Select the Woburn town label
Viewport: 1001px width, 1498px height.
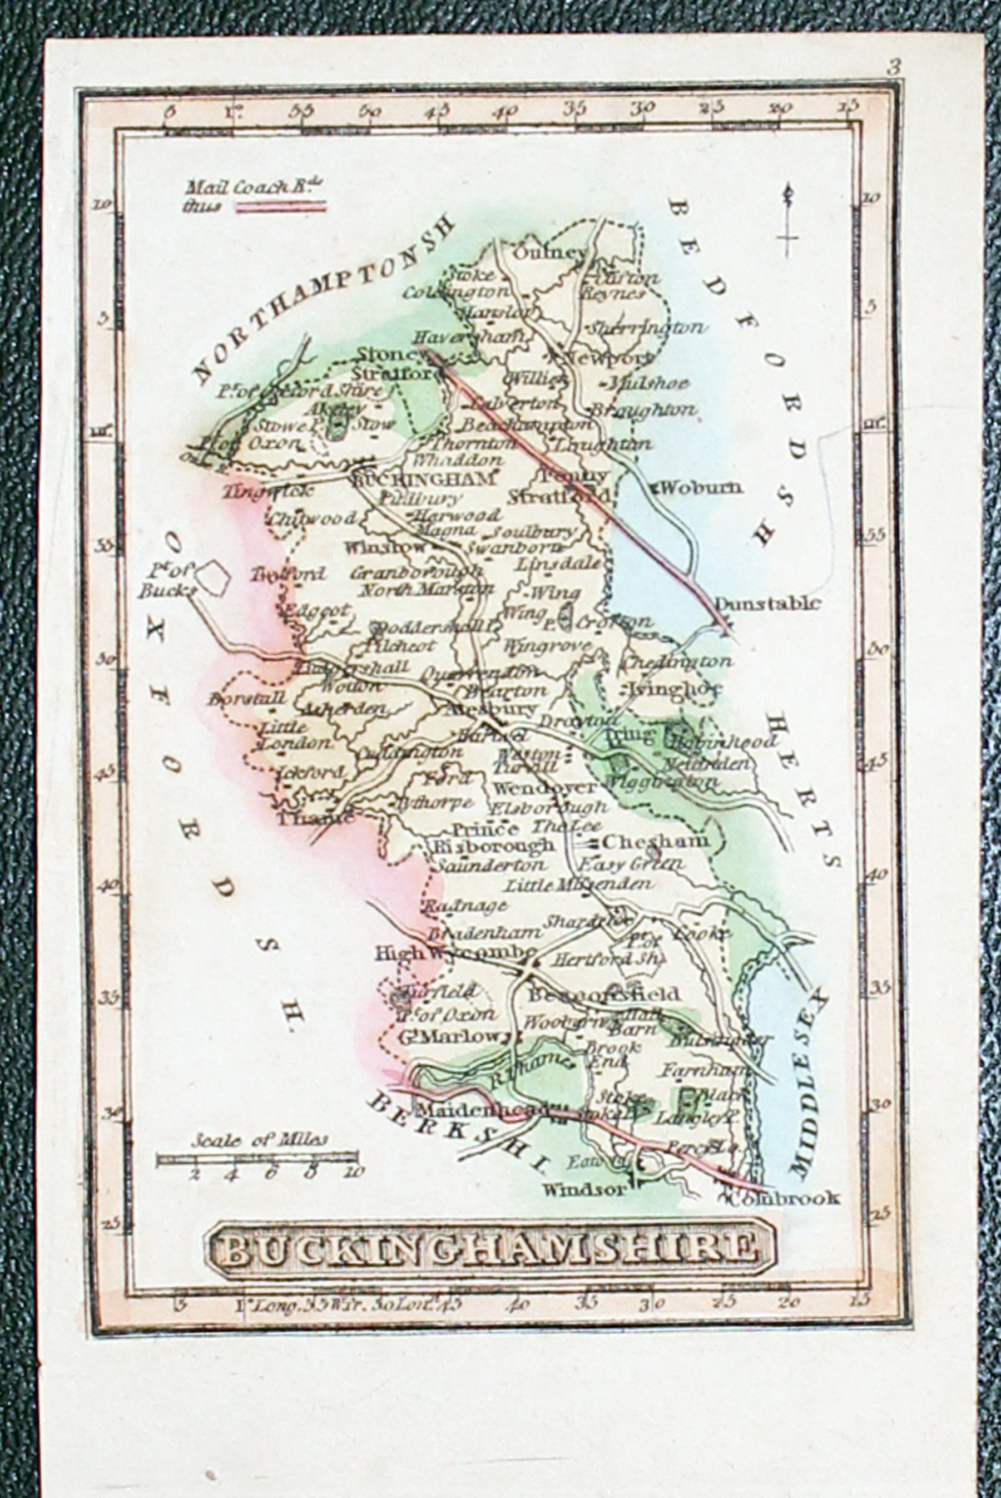click(701, 488)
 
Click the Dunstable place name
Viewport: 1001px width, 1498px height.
click(767, 604)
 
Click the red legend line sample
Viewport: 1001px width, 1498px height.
click(281, 206)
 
